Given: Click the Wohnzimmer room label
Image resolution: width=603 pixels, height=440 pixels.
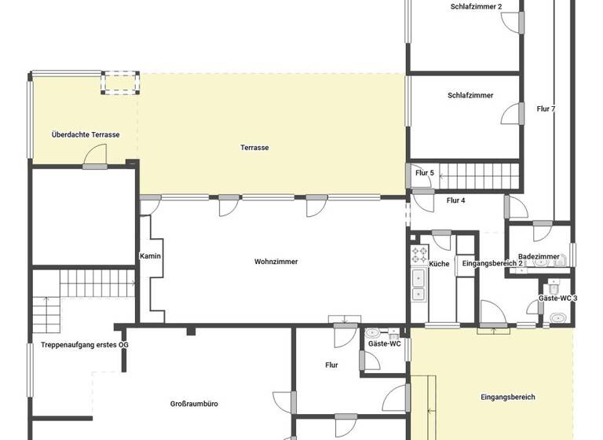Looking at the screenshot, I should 276,262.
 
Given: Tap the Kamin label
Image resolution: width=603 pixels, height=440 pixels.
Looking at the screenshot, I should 150,256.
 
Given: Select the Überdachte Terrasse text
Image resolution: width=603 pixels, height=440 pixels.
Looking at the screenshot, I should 86,135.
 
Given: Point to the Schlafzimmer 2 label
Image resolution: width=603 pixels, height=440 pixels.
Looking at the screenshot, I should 476,6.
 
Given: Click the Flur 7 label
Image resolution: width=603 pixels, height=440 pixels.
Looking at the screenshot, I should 546,109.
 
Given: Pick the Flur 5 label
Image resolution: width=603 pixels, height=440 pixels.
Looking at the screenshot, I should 425,173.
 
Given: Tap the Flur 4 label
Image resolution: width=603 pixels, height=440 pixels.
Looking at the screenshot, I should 455,200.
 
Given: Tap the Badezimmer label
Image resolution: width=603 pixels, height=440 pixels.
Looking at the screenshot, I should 539,256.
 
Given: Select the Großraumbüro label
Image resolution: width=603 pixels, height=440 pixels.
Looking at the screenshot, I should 194,404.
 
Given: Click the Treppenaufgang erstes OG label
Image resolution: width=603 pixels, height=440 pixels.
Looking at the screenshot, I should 84,345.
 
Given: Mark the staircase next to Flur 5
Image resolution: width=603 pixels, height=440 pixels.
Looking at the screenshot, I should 479,172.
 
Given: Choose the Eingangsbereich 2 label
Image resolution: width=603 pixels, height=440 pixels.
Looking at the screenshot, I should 492,263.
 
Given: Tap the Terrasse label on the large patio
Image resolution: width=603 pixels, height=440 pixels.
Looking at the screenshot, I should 254,148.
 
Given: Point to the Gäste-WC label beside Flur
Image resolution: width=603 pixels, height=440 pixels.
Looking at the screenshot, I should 385,344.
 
